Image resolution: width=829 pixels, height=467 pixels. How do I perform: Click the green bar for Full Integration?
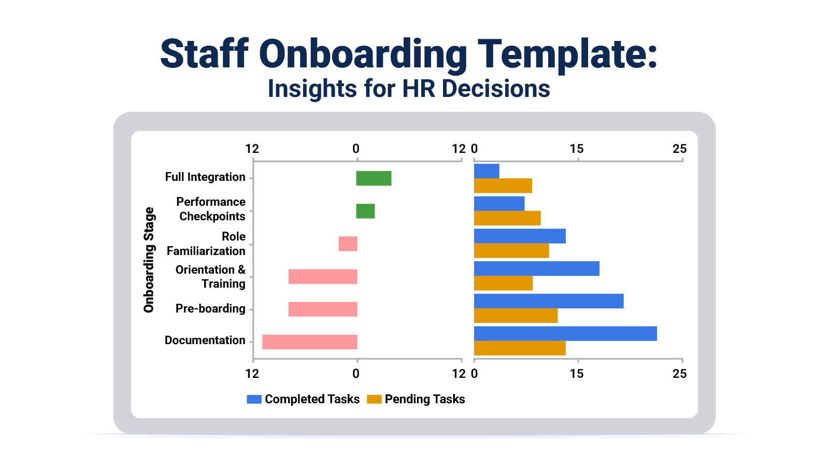click(x=374, y=178)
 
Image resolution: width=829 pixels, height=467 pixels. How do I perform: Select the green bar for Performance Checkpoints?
click(x=365, y=211)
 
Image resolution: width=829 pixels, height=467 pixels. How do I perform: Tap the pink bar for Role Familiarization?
click(x=348, y=244)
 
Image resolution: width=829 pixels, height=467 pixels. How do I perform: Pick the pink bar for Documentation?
click(x=309, y=342)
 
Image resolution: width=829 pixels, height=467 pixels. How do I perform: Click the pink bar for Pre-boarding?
click(x=323, y=309)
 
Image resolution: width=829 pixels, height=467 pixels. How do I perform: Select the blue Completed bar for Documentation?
click(x=565, y=334)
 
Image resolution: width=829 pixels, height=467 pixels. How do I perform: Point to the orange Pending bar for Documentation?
click(x=520, y=348)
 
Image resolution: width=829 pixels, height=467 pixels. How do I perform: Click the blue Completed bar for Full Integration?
click(x=487, y=171)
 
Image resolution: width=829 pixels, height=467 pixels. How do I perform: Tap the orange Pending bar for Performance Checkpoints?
click(x=507, y=218)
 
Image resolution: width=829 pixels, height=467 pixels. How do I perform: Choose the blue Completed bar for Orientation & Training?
click(x=536, y=268)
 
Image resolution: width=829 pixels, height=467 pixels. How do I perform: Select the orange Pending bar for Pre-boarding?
click(x=516, y=316)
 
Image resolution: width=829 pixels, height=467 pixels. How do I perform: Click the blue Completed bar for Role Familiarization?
click(x=520, y=236)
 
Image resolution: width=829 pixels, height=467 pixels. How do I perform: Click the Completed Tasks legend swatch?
click(x=254, y=399)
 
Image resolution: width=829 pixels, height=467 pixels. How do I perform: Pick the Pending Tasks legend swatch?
click(x=374, y=399)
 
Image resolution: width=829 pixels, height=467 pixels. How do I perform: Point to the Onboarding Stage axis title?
click(x=149, y=260)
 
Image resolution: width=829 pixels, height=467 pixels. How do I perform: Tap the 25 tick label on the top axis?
click(x=679, y=149)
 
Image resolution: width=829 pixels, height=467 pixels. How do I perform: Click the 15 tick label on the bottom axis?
click(x=576, y=374)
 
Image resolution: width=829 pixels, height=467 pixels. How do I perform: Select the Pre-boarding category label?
click(x=210, y=309)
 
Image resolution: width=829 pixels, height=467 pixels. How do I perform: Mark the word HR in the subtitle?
click(x=419, y=89)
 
